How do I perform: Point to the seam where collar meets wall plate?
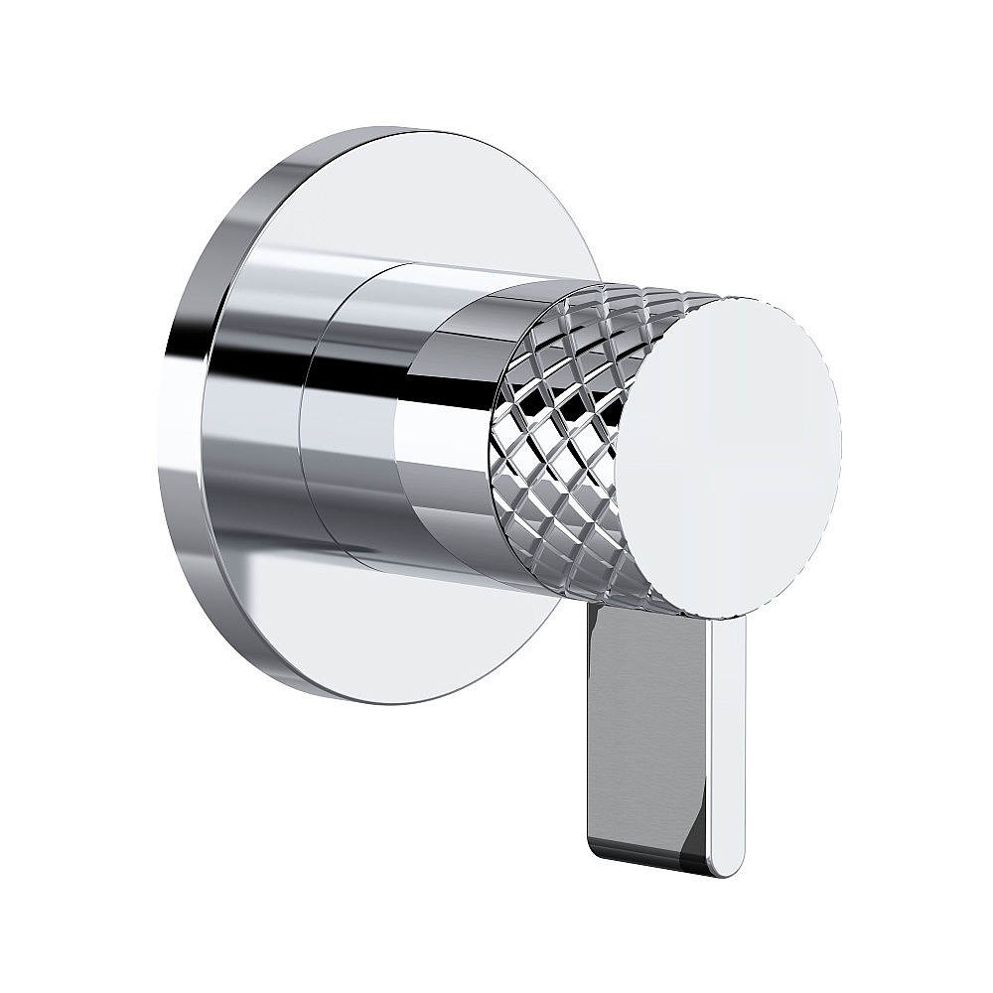point(304,417)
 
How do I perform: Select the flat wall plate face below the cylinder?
point(417,636)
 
